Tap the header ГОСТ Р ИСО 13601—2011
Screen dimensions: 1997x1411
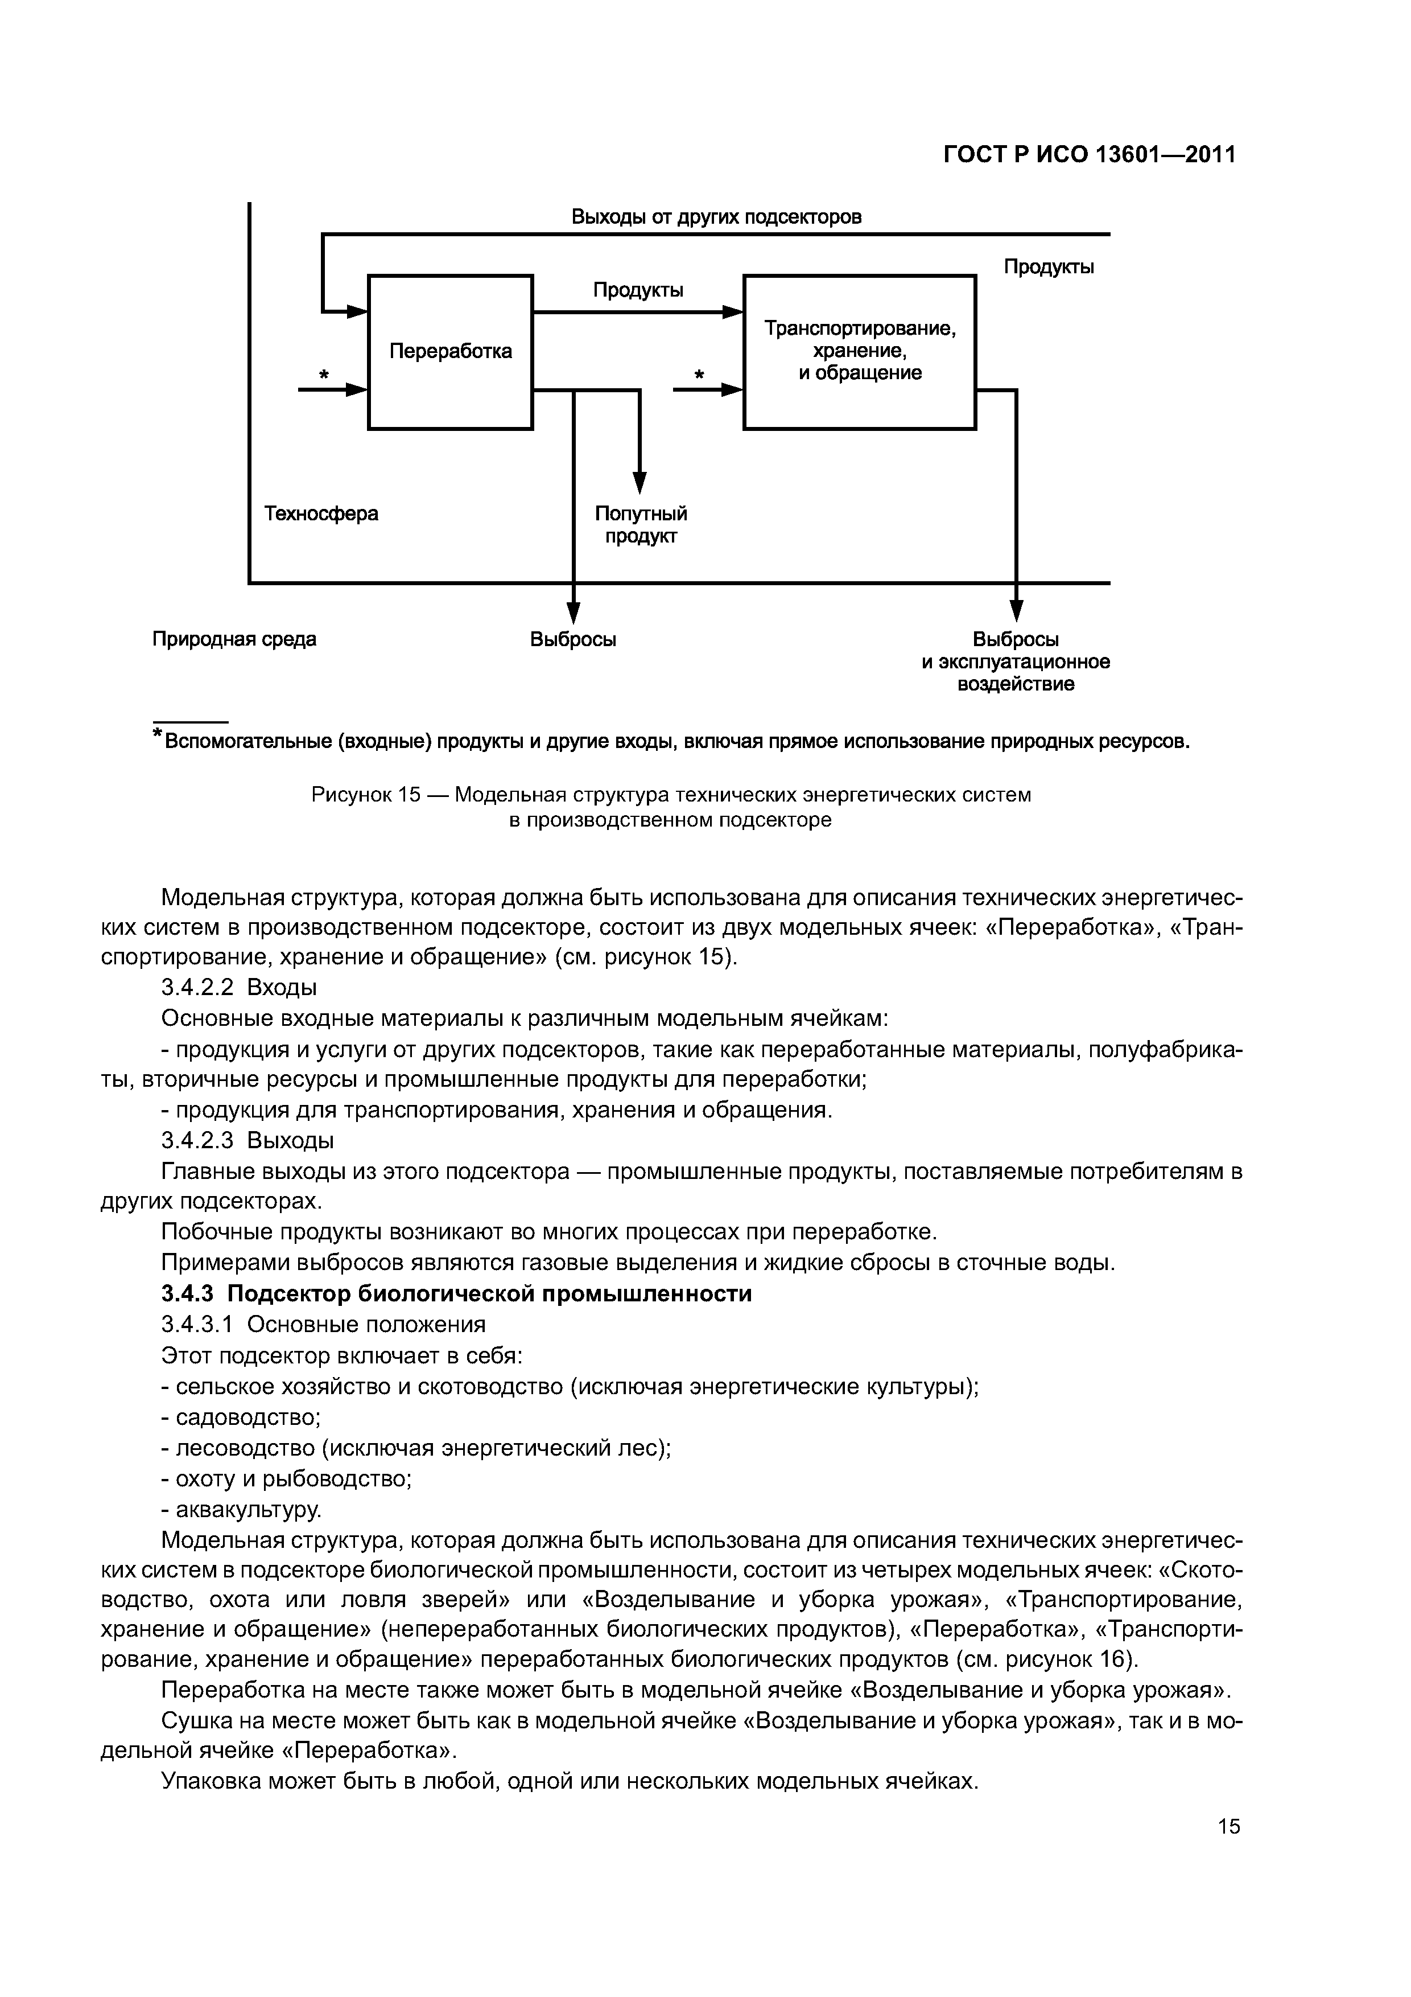[1090, 155]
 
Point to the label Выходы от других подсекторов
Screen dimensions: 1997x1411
[716, 216]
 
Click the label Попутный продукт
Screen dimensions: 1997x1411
[641, 524]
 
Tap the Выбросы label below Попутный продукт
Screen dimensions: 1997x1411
[573, 639]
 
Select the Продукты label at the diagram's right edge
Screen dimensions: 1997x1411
[1049, 267]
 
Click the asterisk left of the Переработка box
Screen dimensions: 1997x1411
[323, 375]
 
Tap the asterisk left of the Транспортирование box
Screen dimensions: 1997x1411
[698, 375]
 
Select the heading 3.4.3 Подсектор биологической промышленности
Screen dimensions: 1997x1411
[456, 1293]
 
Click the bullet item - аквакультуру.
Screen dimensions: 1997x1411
[242, 1509]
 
